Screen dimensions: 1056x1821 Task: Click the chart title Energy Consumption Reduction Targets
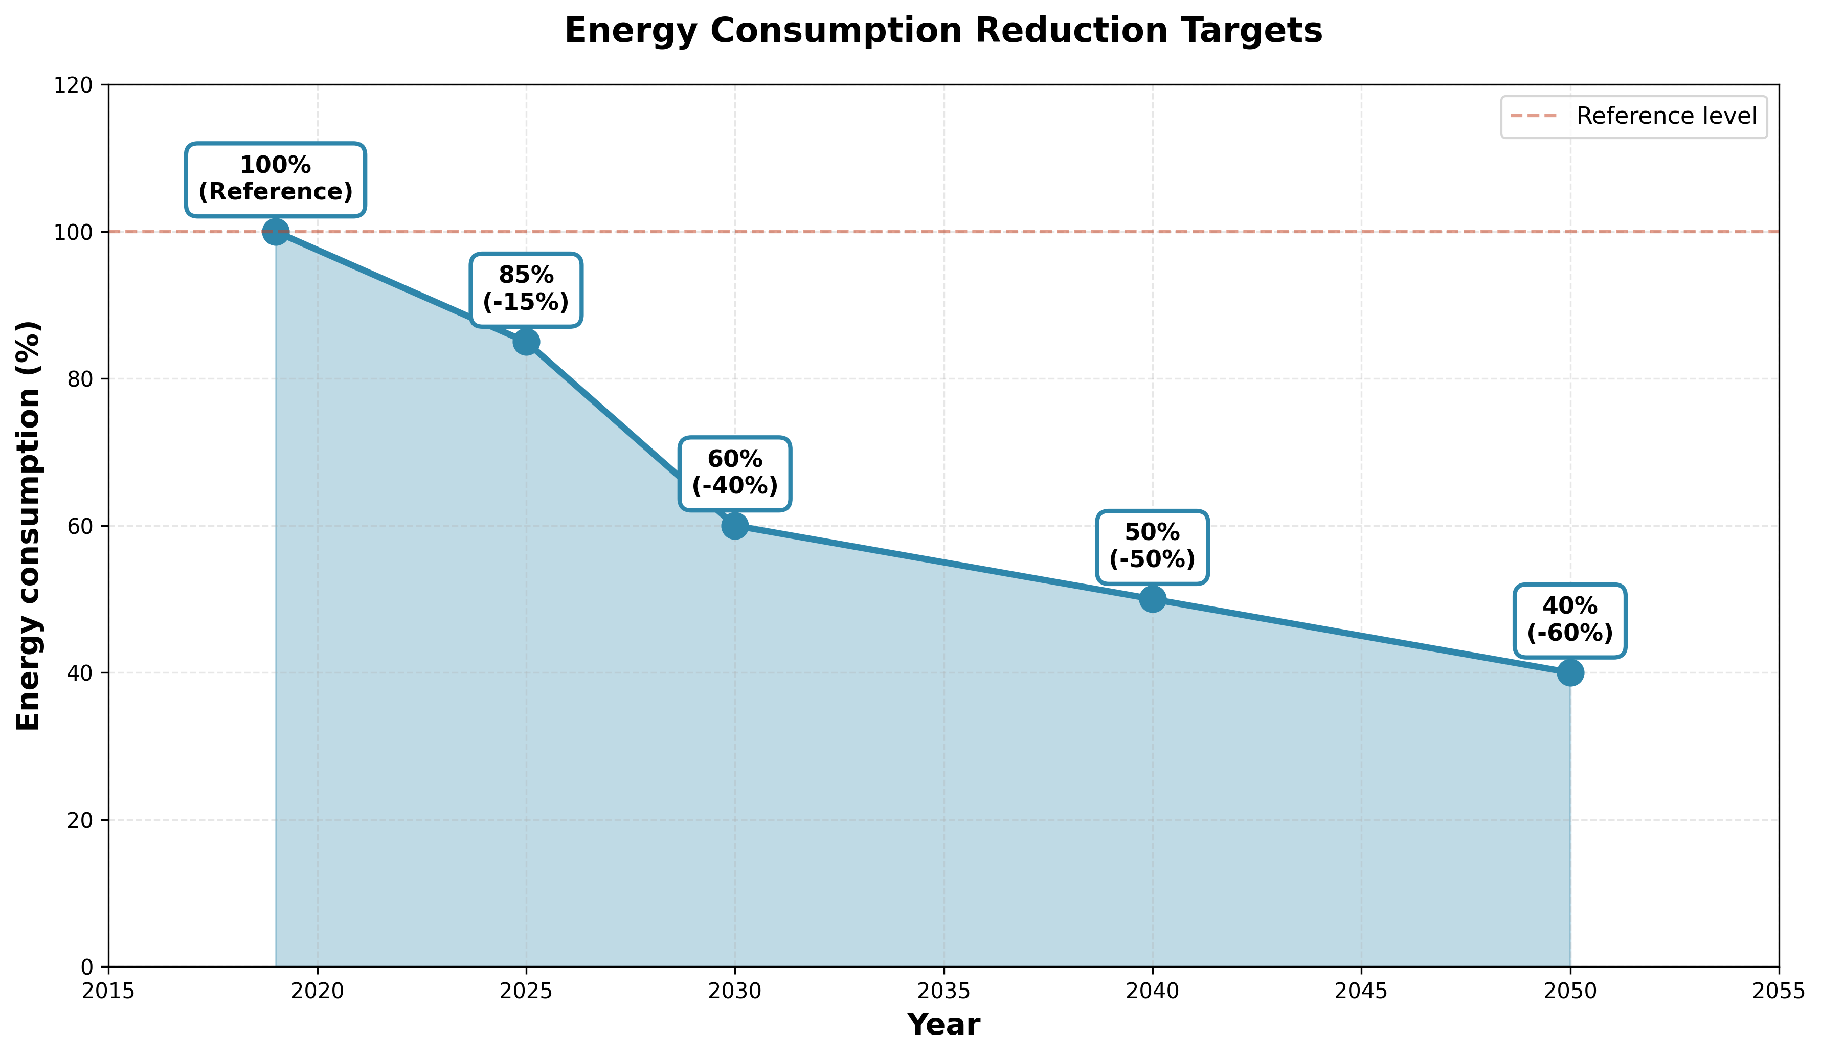[x=943, y=32]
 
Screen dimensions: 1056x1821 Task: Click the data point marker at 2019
[x=275, y=232]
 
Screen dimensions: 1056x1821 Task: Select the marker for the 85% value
[x=526, y=342]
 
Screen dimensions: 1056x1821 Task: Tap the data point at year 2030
[x=734, y=526]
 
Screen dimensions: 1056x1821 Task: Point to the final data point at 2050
[x=1570, y=673]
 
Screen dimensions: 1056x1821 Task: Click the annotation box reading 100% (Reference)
[x=275, y=179]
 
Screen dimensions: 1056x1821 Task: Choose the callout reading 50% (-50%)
[x=1153, y=547]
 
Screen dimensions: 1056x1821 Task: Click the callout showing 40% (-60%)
[x=1570, y=620]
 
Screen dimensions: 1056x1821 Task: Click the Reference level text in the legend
[x=1667, y=117]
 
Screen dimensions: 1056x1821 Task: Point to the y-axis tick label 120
[x=74, y=85]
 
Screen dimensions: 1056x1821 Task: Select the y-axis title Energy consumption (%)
[x=29, y=526]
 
